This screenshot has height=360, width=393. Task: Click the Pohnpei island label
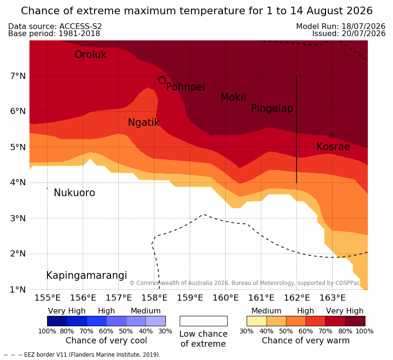185,87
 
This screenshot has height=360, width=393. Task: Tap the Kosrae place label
333,147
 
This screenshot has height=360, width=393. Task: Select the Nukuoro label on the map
75,193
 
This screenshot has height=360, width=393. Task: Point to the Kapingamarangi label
86,275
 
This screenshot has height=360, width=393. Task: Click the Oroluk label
90,54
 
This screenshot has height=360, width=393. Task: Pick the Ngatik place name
144,123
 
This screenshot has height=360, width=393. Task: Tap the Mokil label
233,97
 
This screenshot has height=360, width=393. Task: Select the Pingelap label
272,108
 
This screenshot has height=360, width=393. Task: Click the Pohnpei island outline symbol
162,80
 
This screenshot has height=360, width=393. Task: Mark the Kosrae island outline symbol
331,136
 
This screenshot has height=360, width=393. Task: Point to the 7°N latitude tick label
18,76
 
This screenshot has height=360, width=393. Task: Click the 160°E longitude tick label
226,298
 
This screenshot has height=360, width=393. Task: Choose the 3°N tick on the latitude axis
18,218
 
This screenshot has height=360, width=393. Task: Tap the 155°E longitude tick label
48,298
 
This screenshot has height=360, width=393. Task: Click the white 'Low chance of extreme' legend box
203,321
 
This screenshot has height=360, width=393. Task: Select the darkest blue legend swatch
57,321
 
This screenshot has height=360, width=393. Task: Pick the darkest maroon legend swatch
355,321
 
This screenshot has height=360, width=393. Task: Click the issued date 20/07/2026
364,34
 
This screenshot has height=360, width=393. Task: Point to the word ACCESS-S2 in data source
80,26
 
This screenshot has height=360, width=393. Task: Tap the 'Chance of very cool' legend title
106,341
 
